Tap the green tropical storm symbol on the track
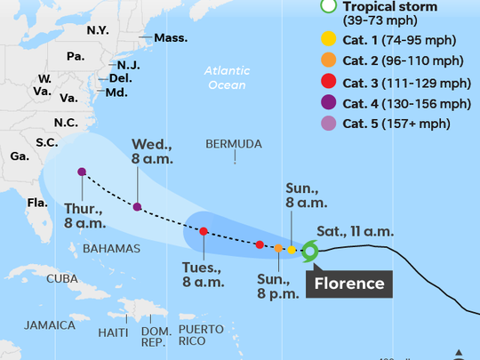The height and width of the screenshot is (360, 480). click(309, 251)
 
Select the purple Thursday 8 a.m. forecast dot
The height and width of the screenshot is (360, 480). click(82, 172)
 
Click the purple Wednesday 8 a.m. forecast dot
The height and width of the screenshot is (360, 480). click(137, 207)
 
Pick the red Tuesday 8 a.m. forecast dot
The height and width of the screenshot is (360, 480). click(204, 231)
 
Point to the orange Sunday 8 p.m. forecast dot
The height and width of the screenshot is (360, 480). click(278, 248)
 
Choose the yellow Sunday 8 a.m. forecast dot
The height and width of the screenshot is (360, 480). click(292, 250)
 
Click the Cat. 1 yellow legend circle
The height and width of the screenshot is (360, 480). click(328, 38)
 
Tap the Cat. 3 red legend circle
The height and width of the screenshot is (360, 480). click(328, 83)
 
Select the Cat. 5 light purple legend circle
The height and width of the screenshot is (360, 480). click(328, 126)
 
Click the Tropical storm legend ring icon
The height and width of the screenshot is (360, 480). click(328, 7)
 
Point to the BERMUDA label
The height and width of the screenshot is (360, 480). click(234, 143)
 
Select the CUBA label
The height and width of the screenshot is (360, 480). click(62, 278)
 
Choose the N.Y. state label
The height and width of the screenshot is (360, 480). click(98, 30)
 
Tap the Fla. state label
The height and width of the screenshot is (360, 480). click(36, 203)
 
